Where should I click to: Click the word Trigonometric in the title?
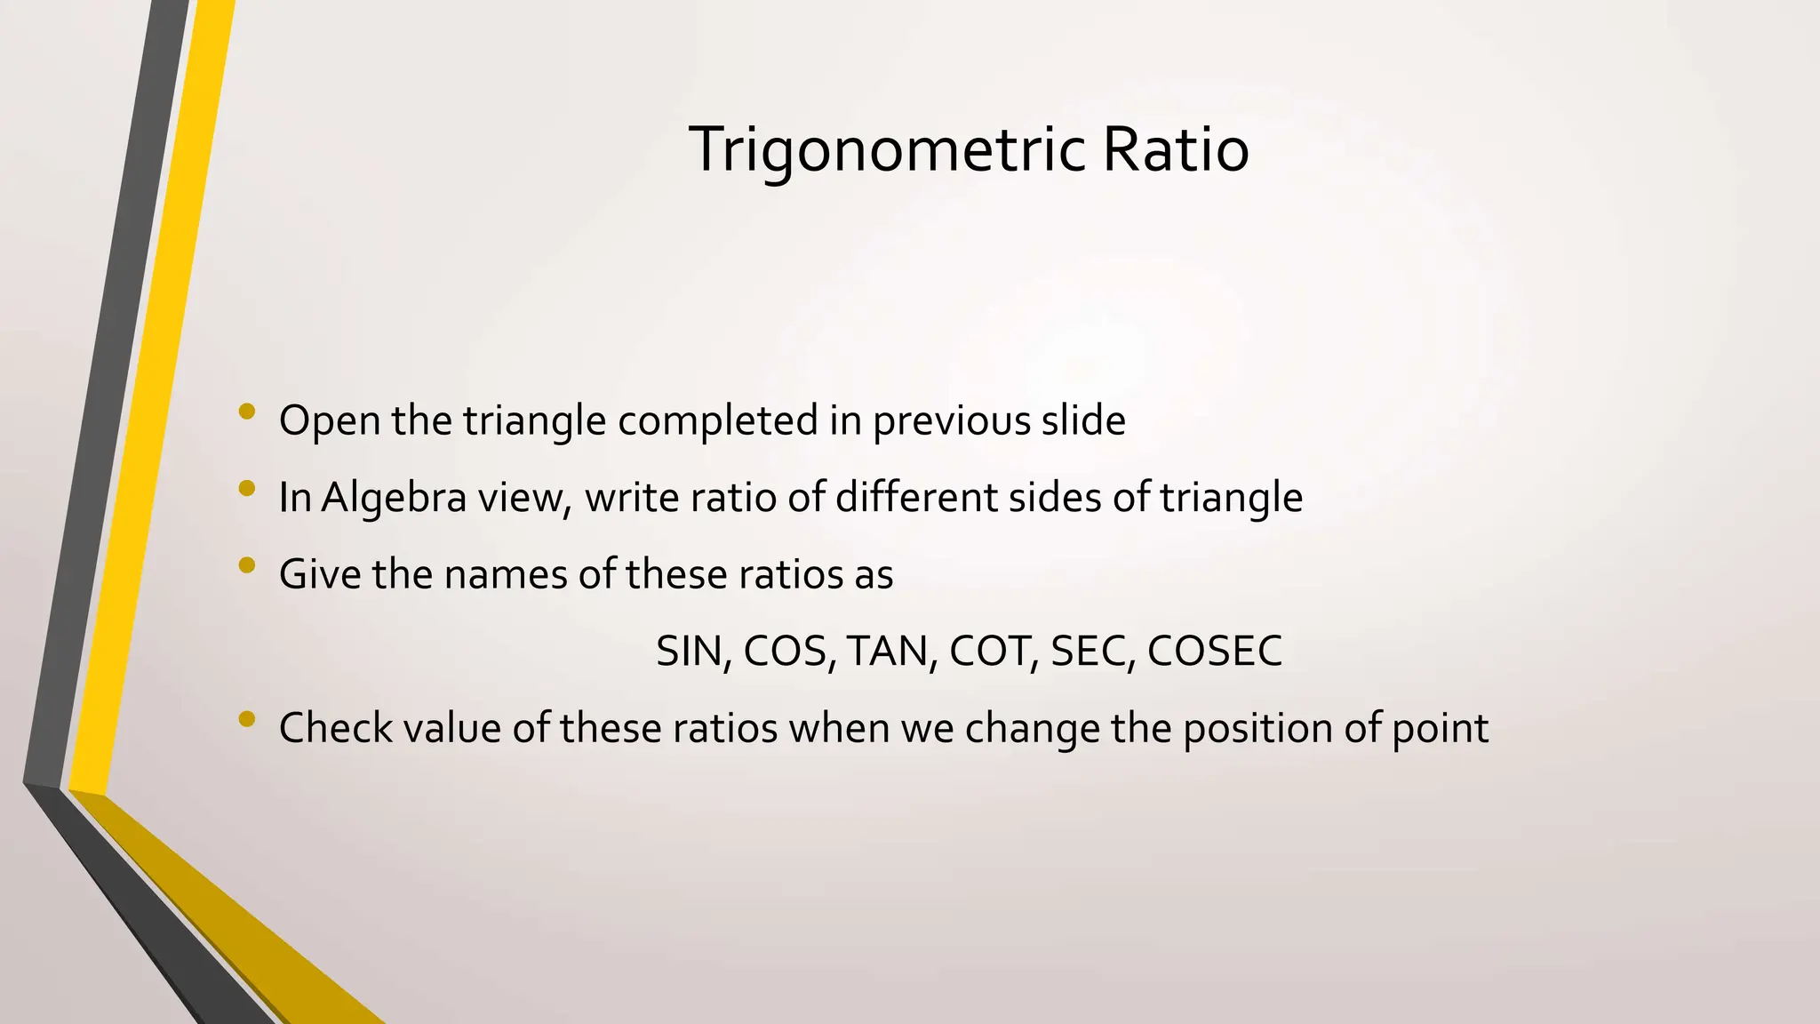pyautogui.click(x=886, y=149)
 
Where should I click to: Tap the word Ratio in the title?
pyautogui.click(x=1176, y=149)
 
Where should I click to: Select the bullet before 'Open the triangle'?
pyautogui.click(x=246, y=412)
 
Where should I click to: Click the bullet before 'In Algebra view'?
pyautogui.click(x=246, y=488)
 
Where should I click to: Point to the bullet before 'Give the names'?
pyautogui.click(x=246, y=565)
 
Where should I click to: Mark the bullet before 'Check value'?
pyautogui.click(x=246, y=719)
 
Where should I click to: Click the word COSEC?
pyautogui.click(x=1215, y=652)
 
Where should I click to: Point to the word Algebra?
pyautogui.click(x=394, y=498)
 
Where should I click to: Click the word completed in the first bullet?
pyautogui.click(x=717, y=421)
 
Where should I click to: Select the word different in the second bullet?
pyautogui.click(x=916, y=498)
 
